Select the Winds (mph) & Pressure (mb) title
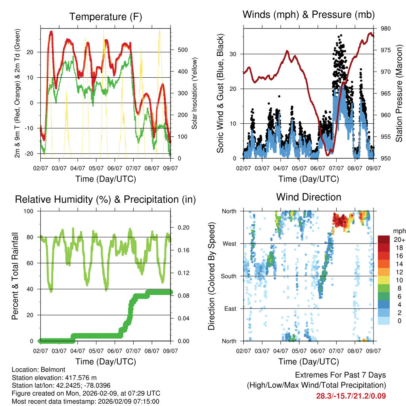pyautogui.click(x=308, y=15)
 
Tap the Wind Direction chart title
pyautogui.click(x=308, y=197)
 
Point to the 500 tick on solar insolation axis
pyautogui.click(x=183, y=50)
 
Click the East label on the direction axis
pyautogui.click(x=230, y=308)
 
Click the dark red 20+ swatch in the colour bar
pyautogui.click(x=384, y=239)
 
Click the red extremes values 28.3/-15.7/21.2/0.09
pyautogui.click(x=351, y=396)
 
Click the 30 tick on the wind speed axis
pyautogui.click(x=234, y=54)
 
